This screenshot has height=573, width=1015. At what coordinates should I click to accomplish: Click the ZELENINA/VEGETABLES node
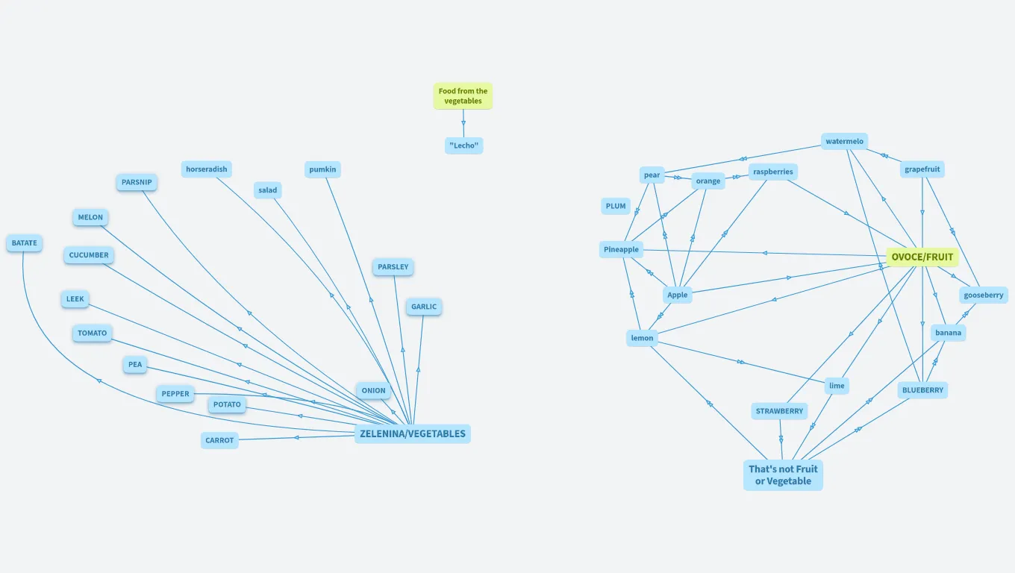(412, 433)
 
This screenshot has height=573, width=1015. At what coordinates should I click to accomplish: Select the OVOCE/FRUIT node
(922, 257)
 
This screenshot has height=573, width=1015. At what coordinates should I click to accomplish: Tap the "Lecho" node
(463, 145)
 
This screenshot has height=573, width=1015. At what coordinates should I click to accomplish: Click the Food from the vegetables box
(463, 96)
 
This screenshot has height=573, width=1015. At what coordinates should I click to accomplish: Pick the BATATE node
(24, 243)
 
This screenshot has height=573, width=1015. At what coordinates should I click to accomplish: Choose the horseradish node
(206, 169)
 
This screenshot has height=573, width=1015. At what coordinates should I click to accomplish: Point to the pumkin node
(322, 169)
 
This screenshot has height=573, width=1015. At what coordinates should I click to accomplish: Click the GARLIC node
(423, 307)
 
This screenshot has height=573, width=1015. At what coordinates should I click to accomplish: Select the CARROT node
(219, 440)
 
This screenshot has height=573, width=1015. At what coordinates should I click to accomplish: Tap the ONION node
(373, 390)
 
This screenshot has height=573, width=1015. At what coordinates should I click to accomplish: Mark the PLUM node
(616, 206)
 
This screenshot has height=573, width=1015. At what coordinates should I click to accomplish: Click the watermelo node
(844, 142)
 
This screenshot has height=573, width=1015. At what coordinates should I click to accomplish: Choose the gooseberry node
(983, 295)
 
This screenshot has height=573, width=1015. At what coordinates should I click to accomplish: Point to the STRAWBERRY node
(779, 411)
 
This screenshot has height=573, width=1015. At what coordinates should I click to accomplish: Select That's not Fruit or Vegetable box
(783, 475)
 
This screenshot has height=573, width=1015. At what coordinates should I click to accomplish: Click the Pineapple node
(621, 249)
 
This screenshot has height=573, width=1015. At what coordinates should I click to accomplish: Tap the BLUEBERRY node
(922, 390)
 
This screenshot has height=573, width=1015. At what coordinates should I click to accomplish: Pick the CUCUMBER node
(89, 255)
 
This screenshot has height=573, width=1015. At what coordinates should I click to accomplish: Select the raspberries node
(772, 172)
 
